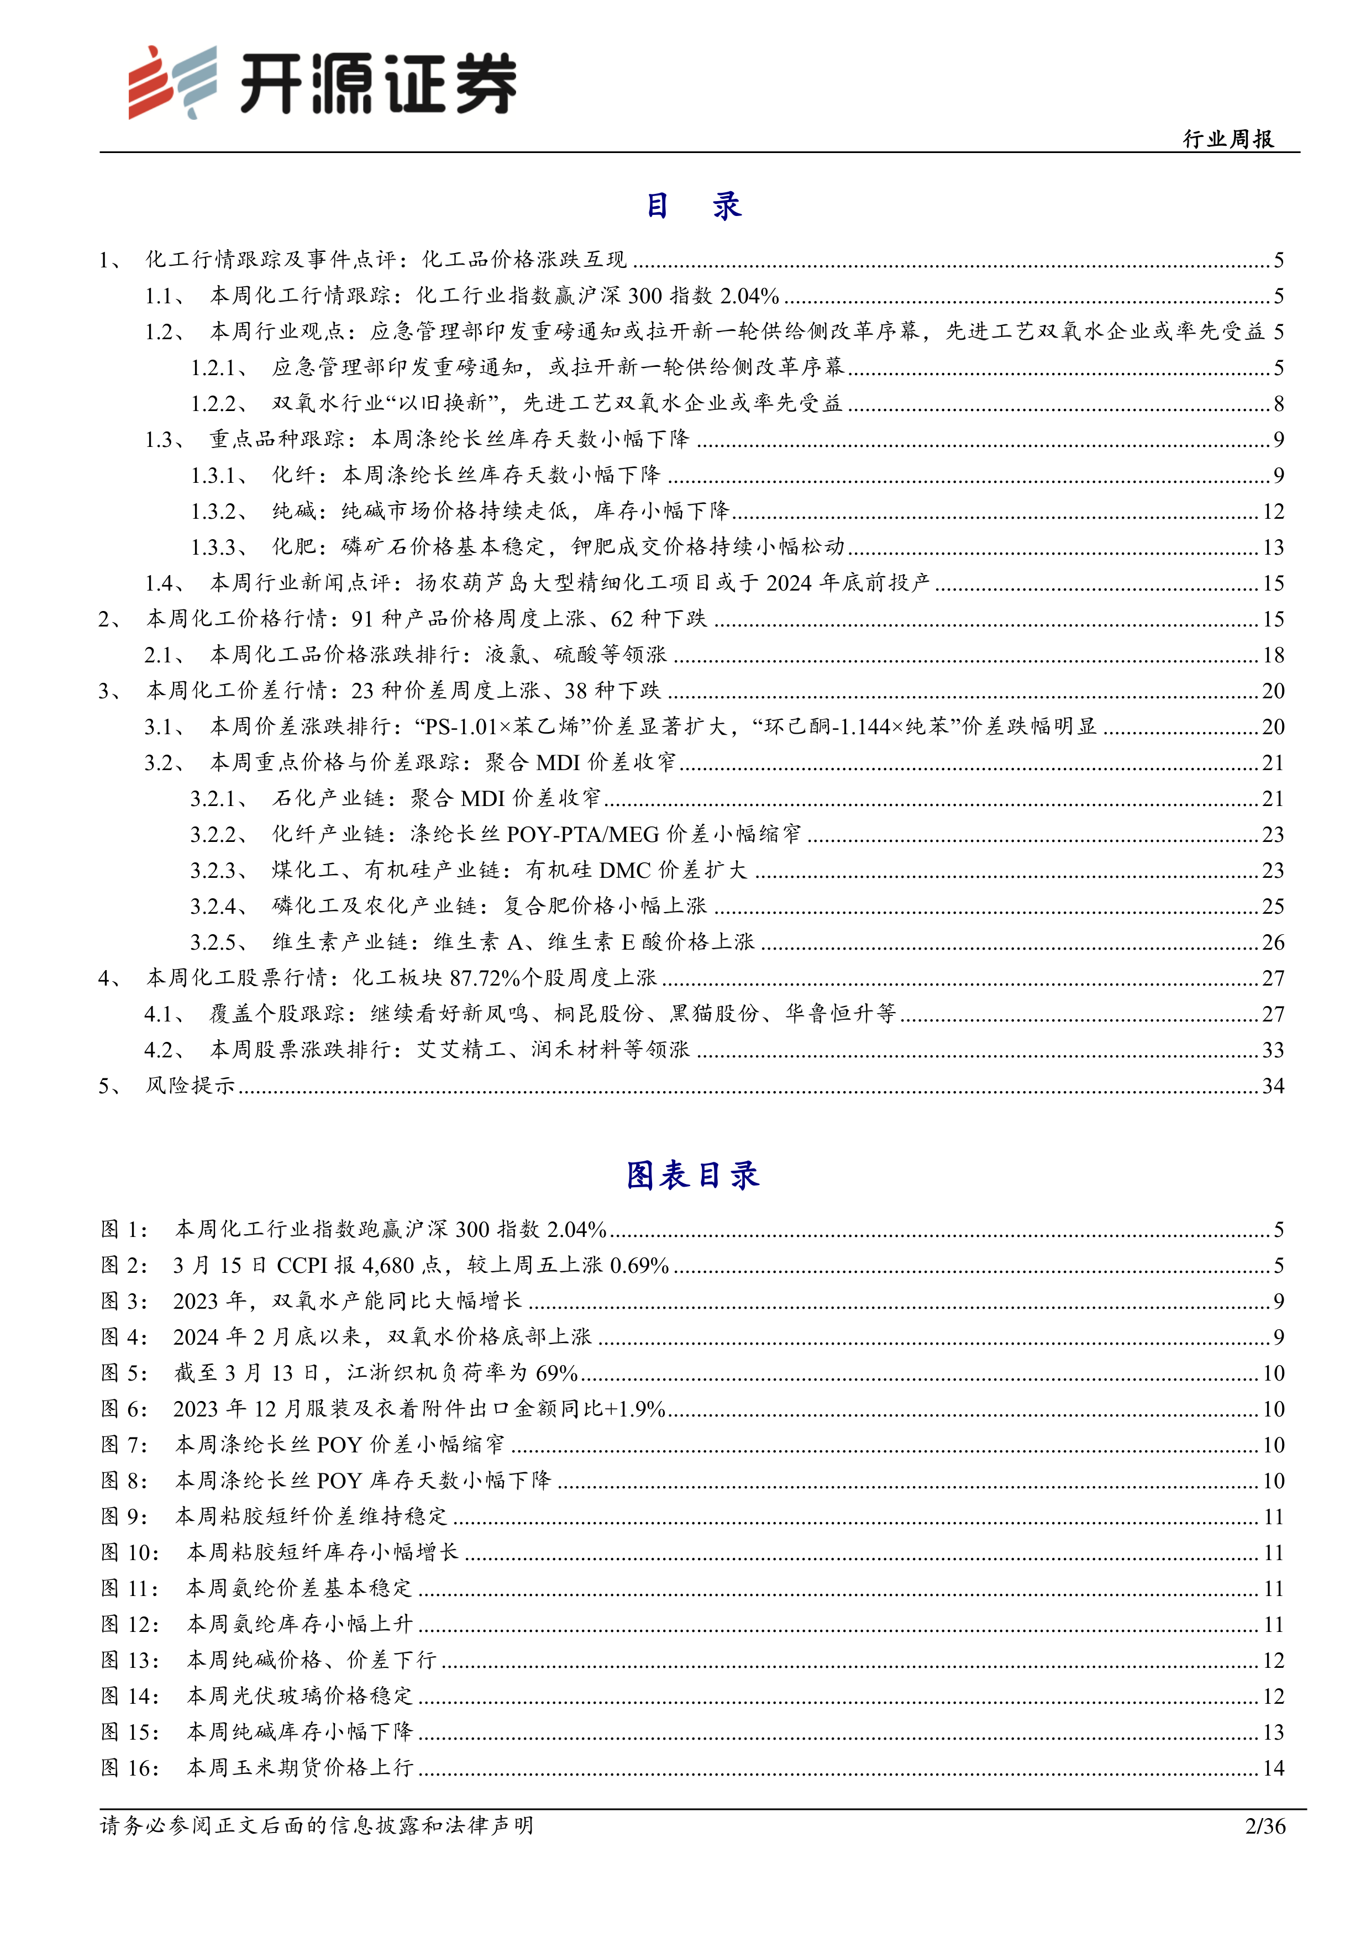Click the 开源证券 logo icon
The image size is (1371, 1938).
pos(172,82)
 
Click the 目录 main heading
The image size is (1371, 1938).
pos(693,205)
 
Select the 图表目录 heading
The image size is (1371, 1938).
pos(692,1174)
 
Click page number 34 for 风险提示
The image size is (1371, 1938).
pos(1272,1086)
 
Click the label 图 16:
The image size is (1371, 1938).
pos(130,1767)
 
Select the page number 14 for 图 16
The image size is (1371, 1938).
pos(1272,1767)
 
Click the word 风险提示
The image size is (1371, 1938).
pos(191,1086)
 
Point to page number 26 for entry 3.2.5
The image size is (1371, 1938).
pos(1272,942)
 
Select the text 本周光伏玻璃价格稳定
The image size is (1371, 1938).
pos(300,1696)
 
